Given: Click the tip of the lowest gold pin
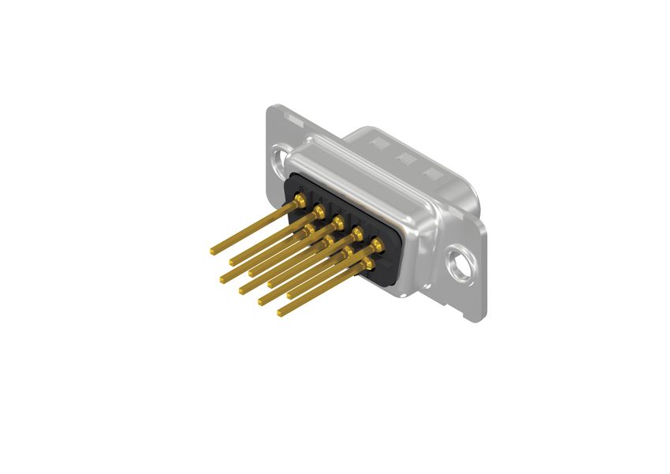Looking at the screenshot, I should pyautogui.click(x=281, y=314).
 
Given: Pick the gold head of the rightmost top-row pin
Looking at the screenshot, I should pyautogui.click(x=377, y=244).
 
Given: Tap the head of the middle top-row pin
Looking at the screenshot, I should pyautogui.click(x=338, y=222).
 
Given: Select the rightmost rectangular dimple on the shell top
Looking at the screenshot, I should pyautogui.click(x=430, y=173).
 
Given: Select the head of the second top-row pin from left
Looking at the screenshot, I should pyautogui.click(x=319, y=211).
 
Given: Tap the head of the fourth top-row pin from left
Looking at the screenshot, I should pyautogui.click(x=357, y=233).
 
